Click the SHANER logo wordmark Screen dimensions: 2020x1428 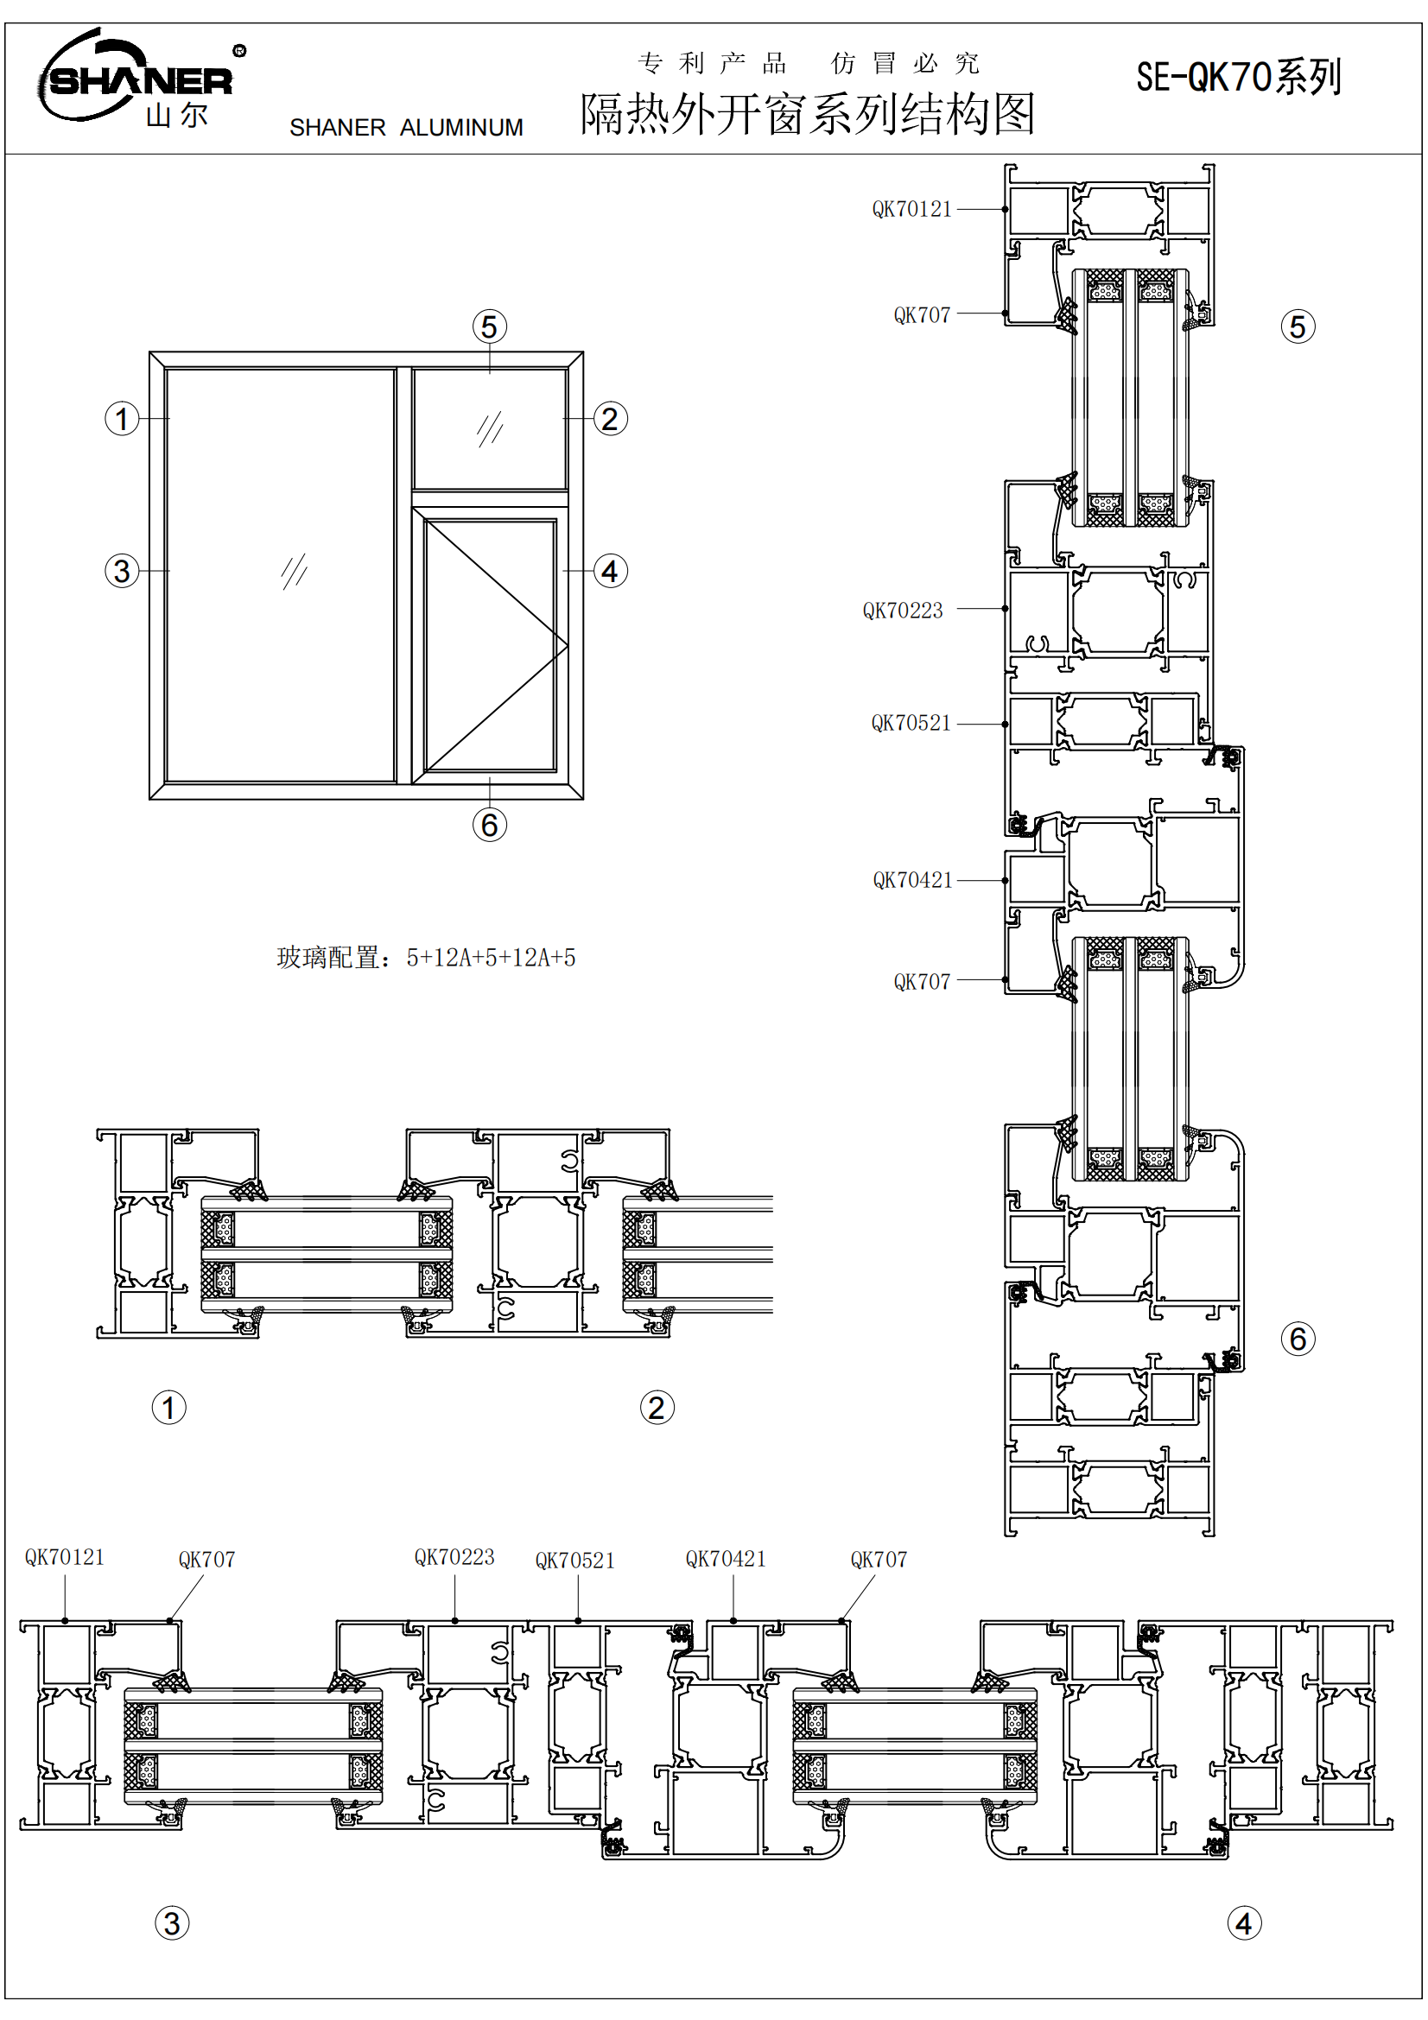141,82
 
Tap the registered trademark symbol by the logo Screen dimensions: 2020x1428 239,51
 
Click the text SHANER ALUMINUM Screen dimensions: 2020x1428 406,129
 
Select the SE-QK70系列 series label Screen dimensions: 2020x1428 1238,78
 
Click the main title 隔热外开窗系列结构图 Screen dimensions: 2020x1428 807,114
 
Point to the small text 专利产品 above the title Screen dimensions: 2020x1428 712,63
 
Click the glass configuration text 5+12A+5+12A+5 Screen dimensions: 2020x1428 491,957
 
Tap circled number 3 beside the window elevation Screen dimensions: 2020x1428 123,571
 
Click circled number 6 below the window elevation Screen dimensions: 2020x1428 489,825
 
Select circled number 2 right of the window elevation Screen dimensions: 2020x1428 610,419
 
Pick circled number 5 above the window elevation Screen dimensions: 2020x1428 489,326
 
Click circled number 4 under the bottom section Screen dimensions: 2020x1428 1243,1922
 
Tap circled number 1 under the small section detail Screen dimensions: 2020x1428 169,1407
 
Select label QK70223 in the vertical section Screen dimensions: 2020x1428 902,611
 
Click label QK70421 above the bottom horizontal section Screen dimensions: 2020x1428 726,1559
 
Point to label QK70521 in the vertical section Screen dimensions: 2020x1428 911,723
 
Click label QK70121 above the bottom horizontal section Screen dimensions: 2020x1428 64,1557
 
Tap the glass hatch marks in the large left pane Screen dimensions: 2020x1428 294,571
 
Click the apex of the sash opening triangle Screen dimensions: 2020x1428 568,646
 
